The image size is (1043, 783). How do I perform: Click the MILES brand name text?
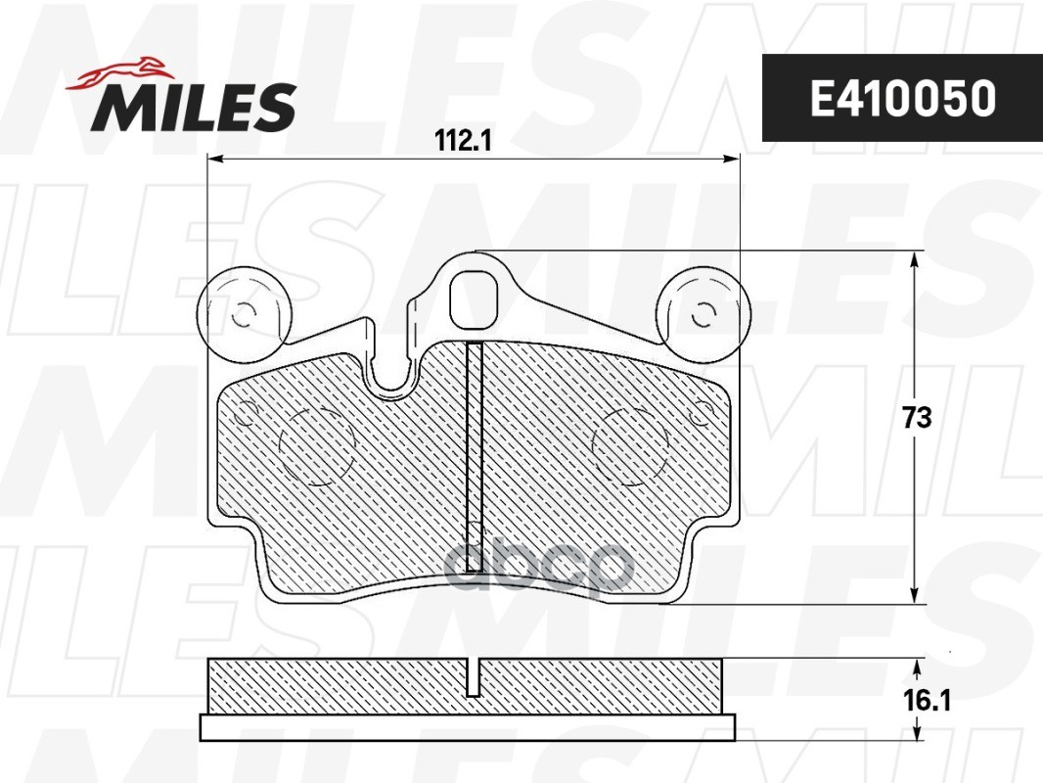coord(194,107)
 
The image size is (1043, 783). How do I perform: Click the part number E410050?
coord(901,98)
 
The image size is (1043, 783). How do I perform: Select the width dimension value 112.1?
coord(462,141)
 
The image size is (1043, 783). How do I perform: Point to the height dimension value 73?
coord(916,418)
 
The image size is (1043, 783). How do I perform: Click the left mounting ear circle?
coord(245,314)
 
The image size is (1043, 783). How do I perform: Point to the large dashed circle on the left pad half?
coord(316,445)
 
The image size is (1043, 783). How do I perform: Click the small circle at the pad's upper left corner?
coord(245,414)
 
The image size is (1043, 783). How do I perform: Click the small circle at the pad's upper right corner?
coord(700,414)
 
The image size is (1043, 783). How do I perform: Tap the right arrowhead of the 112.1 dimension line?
coord(733,159)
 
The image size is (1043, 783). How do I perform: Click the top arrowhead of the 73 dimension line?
coord(915,259)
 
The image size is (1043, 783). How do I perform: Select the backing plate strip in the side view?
coord(467,727)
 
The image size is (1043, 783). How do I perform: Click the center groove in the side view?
coord(474,676)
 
